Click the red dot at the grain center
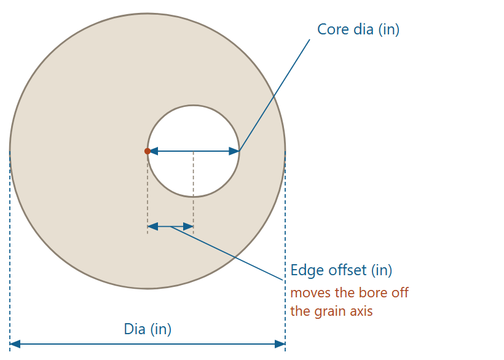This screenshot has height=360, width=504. coord(148,151)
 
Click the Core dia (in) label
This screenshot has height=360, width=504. coord(358,29)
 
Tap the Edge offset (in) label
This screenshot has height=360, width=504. coord(341,270)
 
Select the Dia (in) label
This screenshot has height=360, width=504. coord(148,329)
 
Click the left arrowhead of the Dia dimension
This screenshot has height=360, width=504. coord(15,344)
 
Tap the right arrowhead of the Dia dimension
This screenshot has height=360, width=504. coord(280,344)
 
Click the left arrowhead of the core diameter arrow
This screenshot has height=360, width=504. coord(153,151)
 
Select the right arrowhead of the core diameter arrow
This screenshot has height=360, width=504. coord(234,151)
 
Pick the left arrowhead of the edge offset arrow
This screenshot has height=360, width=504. coord(152,227)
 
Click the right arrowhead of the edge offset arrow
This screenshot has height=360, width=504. coord(188,227)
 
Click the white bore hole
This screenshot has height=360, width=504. coord(193,128)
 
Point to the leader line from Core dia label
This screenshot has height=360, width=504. coord(275,95)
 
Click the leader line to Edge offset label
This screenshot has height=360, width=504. coord(227,253)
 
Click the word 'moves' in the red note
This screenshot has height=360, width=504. coord(311,293)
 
